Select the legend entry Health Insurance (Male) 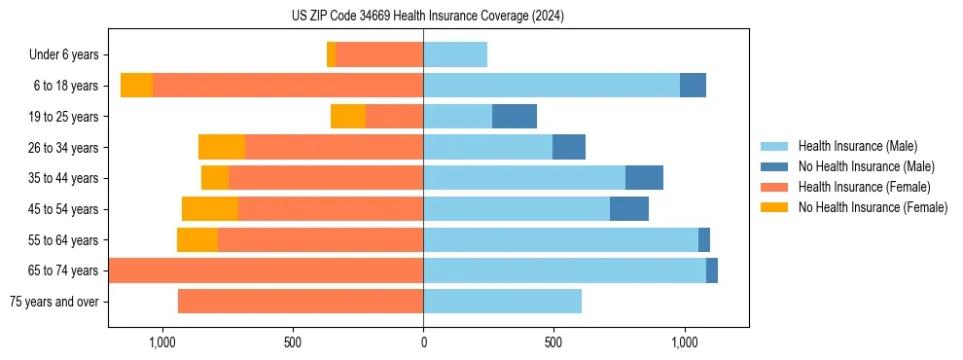[857, 146]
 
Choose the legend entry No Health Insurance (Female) [873, 207]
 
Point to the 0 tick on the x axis [423, 343]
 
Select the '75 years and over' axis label [54, 302]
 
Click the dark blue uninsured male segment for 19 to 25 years [515, 117]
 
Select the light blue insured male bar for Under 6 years [455, 54]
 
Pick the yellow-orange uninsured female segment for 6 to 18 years [136, 86]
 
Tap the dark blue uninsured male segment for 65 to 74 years [712, 270]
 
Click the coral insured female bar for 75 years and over [301, 302]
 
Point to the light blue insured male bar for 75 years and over [502, 302]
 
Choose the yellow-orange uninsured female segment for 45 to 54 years [210, 209]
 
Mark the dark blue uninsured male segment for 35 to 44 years [644, 178]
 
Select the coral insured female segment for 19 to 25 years [394, 117]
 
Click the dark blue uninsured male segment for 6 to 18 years [693, 86]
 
